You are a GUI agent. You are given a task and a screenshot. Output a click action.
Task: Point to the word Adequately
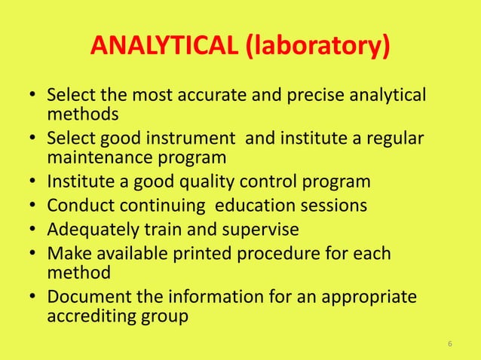tap(92, 229)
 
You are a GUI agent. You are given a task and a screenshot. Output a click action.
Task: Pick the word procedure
tap(276, 253)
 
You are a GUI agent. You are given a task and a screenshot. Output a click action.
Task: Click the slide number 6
tap(449, 344)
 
